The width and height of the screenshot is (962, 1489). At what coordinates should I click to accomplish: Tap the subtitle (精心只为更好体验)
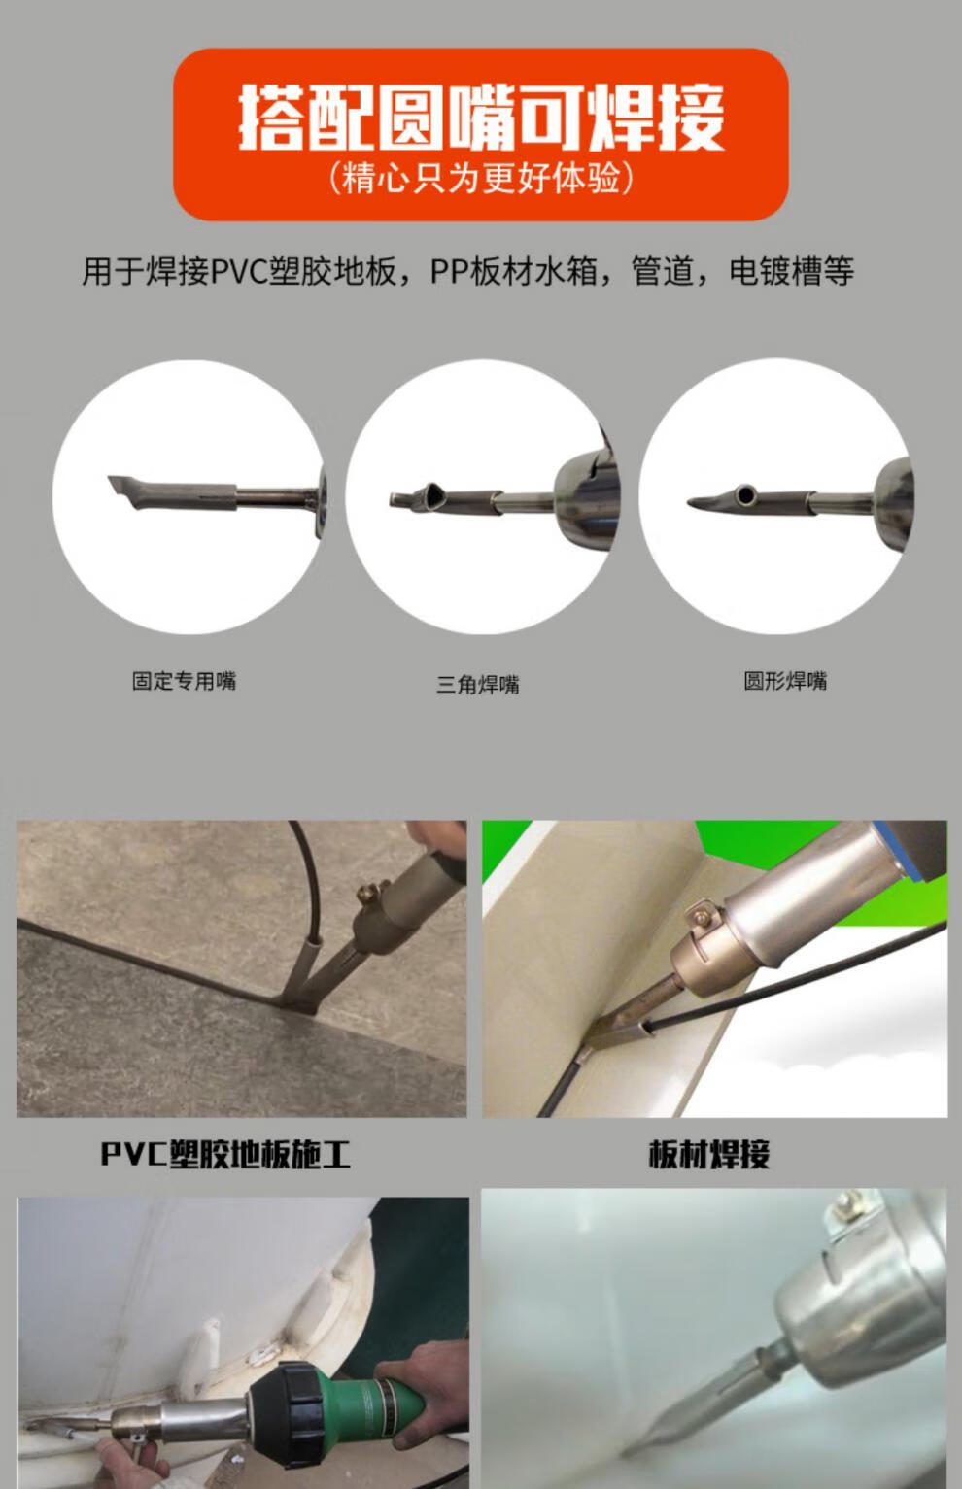pos(481,179)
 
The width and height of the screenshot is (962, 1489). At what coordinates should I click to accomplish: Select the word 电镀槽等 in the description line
pos(792,271)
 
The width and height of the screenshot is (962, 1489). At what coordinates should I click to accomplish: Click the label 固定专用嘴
pos(184,681)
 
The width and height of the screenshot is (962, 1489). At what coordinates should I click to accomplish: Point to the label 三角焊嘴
pos(477,685)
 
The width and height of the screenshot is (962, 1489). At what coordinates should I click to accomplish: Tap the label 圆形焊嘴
pos(785,681)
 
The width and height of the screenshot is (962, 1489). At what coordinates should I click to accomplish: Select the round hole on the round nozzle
pos(745,495)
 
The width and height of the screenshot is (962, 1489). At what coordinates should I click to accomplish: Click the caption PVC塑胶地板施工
pos(225,1154)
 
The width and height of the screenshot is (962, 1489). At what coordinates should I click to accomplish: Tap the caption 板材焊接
pos(709,1154)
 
